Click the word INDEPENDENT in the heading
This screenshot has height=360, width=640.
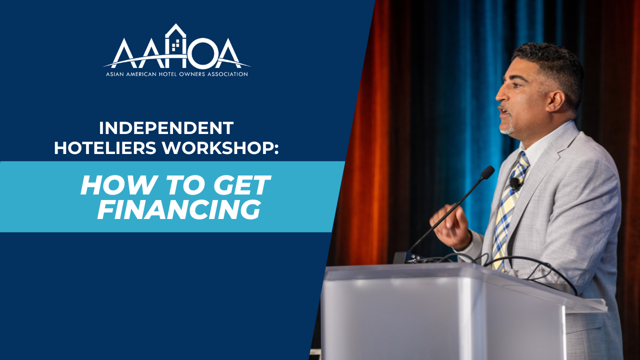tap(166, 128)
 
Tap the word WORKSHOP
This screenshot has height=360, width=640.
tap(220, 148)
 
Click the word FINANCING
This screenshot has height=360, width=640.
tap(179, 209)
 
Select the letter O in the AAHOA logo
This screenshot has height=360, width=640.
tap(203, 53)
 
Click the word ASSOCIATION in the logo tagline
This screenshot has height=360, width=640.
tap(227, 74)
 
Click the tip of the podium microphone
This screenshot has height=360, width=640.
tap(487, 172)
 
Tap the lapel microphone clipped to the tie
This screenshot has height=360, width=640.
tap(515, 183)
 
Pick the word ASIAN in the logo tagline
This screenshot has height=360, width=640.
tap(114, 74)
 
